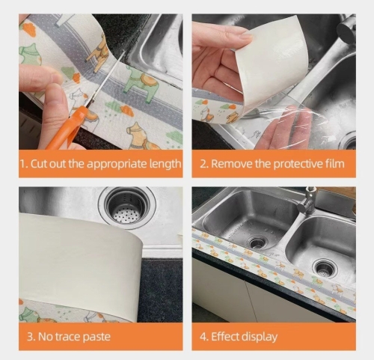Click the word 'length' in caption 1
pyautogui.click(x=165, y=164)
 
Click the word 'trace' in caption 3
pyautogui.click(x=67, y=337)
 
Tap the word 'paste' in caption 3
pyautogui.click(x=96, y=338)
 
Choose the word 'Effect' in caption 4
pyautogui.click(x=225, y=337)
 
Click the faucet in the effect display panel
pyautogui.click(x=309, y=201)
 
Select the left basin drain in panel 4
pyautogui.click(x=257, y=242)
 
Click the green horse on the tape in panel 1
pyautogui.click(x=139, y=85)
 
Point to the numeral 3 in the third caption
pyautogui.click(x=30, y=337)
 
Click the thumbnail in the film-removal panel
pyautogui.click(x=245, y=38)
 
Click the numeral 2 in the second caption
pyautogui.click(x=203, y=164)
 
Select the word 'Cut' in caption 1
pyautogui.click(x=39, y=164)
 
